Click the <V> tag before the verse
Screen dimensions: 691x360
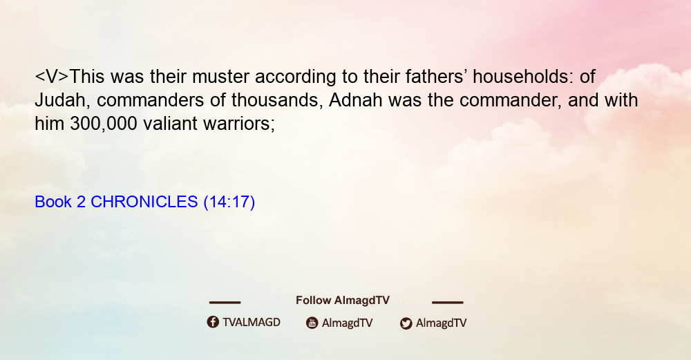(x=52, y=77)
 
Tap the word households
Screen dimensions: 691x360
(x=523, y=77)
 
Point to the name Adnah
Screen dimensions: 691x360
(x=355, y=100)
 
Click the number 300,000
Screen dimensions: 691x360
(x=104, y=124)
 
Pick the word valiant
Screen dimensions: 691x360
(x=170, y=124)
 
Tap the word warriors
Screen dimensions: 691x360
(x=239, y=124)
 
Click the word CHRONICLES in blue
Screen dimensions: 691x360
(x=144, y=202)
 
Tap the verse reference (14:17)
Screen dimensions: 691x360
(x=229, y=202)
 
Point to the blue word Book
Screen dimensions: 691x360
(x=53, y=202)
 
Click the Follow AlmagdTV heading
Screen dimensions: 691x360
(x=343, y=301)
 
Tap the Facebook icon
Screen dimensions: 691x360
(x=213, y=322)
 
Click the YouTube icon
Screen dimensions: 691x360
(x=312, y=323)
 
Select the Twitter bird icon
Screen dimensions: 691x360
(x=406, y=323)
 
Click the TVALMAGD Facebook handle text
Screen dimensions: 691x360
(x=252, y=322)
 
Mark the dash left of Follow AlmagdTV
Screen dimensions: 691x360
(x=225, y=303)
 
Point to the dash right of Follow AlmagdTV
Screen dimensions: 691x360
(x=448, y=303)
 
